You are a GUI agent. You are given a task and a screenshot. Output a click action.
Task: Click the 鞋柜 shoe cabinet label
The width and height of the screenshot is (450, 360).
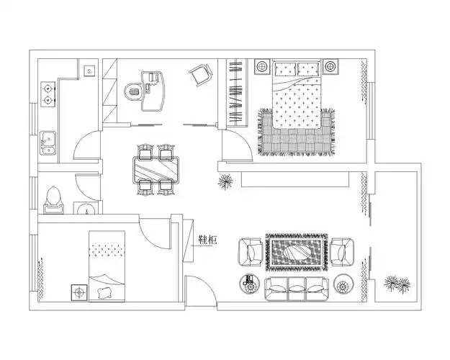point(207,240)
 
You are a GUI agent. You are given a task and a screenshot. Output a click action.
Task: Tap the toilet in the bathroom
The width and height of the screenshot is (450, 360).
point(54,200)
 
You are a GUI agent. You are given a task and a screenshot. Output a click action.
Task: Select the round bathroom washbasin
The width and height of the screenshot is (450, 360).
point(86,208)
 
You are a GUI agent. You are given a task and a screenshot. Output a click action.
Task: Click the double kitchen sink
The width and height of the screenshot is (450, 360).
point(48,143)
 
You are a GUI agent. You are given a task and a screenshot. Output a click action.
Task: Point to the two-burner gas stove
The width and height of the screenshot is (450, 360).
point(48,94)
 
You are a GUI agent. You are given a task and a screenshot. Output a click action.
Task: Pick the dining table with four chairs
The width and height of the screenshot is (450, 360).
point(156,170)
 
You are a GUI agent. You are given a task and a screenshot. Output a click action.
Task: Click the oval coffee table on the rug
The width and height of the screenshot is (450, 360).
point(297,252)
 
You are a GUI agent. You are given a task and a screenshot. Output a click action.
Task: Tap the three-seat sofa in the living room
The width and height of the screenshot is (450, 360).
point(297,289)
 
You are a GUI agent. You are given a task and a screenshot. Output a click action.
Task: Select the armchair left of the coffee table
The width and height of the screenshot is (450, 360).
point(250,252)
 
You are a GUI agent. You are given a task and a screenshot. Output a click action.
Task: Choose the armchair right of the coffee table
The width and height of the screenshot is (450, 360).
point(342,251)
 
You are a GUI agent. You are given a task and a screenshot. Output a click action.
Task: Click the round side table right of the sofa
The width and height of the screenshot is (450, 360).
point(343,284)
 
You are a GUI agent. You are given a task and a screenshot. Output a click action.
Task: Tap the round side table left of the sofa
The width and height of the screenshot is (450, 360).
point(249,284)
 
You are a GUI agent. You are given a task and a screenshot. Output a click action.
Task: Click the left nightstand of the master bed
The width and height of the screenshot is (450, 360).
point(262,67)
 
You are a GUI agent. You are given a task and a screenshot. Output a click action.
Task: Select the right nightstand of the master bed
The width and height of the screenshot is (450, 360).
point(330,67)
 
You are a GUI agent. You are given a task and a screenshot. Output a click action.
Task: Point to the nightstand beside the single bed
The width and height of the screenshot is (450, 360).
point(79,292)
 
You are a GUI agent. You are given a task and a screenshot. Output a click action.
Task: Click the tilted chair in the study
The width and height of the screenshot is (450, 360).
point(201,73)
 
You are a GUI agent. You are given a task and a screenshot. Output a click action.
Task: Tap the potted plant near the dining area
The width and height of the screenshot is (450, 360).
point(225,181)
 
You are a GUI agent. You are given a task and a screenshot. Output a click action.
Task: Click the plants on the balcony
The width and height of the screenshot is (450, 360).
point(397,284)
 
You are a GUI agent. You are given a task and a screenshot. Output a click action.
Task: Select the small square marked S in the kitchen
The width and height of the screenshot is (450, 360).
point(89,71)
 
